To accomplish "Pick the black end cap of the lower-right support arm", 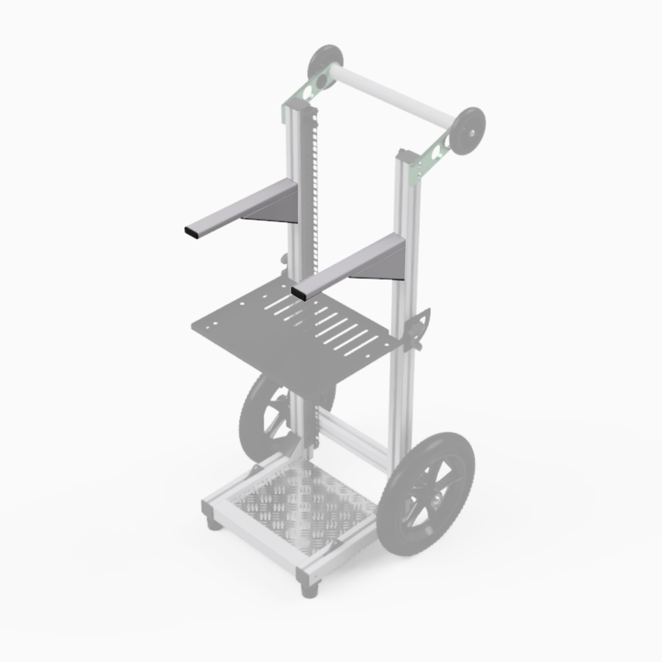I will click(x=299, y=293).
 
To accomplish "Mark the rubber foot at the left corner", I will click(x=214, y=524).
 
